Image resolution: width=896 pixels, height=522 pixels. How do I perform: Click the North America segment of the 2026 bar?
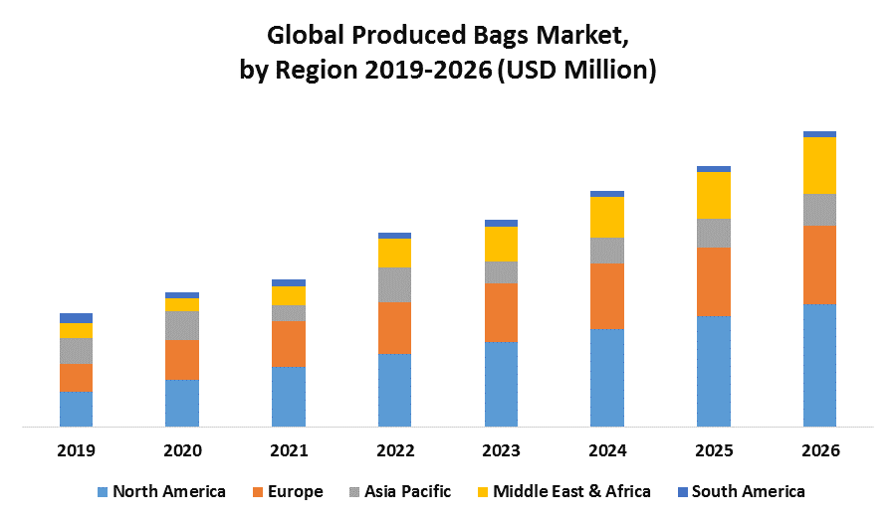coord(819,365)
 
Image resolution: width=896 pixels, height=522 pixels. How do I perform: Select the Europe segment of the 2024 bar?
coord(607,296)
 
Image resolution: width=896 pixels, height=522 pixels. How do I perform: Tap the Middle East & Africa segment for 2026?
coord(819,165)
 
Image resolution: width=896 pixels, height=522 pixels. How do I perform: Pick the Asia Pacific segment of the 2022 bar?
coord(394,284)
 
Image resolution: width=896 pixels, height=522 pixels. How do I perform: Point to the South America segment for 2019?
coord(76,318)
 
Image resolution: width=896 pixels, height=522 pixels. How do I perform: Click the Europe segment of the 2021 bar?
coord(289,344)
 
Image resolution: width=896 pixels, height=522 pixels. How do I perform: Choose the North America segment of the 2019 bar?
coord(76,409)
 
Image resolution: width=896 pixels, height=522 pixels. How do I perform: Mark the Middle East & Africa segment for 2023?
coord(501,245)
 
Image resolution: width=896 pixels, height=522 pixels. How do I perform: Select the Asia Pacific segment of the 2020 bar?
coord(182,326)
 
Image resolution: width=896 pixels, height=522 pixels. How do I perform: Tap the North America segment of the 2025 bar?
coord(714,372)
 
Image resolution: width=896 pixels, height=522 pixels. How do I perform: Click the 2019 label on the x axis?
coord(76,450)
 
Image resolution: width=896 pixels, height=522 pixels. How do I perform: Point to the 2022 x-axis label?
coord(395,450)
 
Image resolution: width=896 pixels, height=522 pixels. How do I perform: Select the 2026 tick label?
coord(820,450)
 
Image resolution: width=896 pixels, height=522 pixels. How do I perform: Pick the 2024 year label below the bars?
coord(607,450)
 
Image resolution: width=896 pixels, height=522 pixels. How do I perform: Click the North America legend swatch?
coord(103,492)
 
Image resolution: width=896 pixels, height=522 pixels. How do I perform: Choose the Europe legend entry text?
coord(296,492)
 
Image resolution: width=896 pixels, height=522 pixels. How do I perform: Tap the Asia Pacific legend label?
coord(408,492)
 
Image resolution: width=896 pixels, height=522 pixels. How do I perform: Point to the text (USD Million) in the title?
coord(577,71)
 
